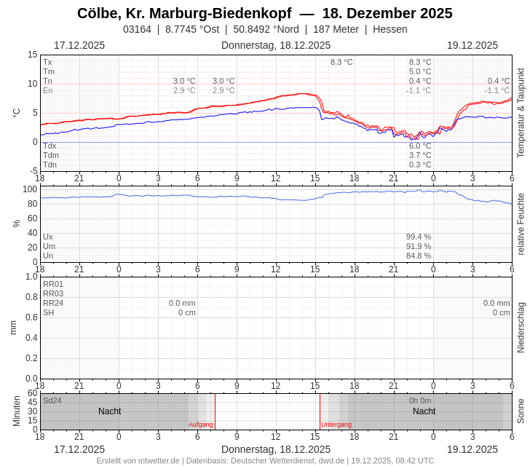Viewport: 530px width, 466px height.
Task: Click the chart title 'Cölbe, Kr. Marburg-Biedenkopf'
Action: point(184,13)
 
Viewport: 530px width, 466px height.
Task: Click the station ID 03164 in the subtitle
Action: point(137,29)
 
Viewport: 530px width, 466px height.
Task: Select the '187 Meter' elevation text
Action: point(336,29)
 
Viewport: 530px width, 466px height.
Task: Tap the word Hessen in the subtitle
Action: point(390,29)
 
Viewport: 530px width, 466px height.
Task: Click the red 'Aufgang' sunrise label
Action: point(201,424)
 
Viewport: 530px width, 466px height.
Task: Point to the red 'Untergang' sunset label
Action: point(336,424)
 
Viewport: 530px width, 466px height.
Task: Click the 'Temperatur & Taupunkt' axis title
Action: point(521,113)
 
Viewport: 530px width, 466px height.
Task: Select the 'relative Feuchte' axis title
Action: point(521,224)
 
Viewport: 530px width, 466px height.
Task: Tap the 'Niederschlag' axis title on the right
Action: point(521,328)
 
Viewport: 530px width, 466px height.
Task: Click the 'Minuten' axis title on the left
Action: point(17,411)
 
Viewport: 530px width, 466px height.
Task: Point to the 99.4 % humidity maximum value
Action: point(419,237)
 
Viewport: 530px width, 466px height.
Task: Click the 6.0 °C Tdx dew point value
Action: point(420,146)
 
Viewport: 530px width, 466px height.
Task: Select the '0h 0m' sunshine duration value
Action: point(420,400)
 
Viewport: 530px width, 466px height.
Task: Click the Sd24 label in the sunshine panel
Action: point(52,400)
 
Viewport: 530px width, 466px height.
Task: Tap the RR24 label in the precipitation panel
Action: point(53,303)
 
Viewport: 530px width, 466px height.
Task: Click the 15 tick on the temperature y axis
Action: point(32,55)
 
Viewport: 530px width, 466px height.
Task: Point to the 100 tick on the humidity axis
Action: point(30,189)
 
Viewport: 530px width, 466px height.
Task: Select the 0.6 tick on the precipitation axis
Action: point(31,317)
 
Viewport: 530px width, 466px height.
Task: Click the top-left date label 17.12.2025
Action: point(79,45)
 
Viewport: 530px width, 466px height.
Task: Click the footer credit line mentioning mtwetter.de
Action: point(265,460)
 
